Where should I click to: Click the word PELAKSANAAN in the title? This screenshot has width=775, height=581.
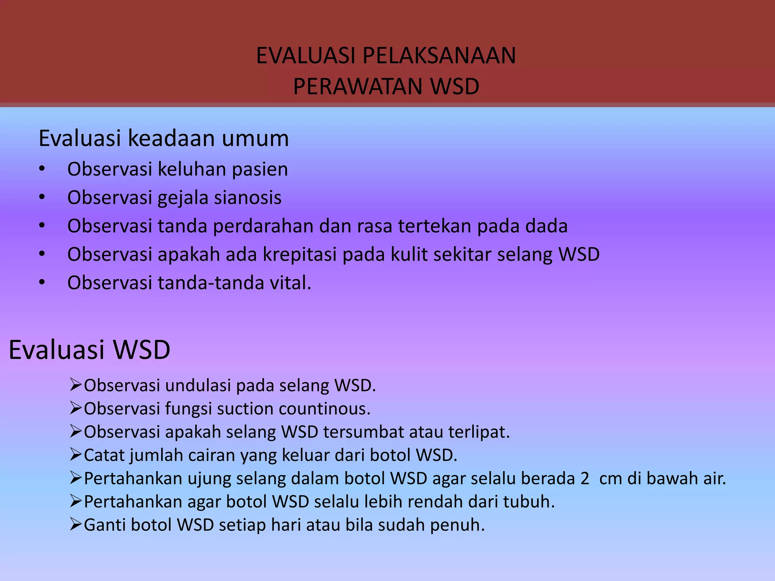439,56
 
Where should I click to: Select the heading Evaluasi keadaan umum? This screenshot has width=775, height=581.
163,138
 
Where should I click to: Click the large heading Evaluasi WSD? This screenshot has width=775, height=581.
89,350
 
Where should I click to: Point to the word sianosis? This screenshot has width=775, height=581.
247,197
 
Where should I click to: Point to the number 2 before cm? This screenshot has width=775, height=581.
585,478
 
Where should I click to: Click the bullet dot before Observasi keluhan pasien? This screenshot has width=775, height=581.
42,169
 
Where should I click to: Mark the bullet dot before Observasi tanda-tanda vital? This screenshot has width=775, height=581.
42,283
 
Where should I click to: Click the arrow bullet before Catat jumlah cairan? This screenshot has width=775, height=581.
76,455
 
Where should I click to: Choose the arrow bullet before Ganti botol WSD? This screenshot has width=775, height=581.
76,525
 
